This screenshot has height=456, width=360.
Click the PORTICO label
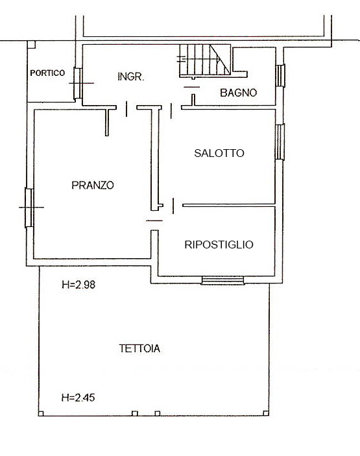47,73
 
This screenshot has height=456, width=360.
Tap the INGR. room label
130,77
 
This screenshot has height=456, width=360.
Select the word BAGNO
238,93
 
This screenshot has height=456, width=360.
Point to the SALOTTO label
219,154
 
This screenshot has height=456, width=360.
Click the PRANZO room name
92,185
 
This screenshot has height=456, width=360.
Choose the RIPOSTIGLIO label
219,245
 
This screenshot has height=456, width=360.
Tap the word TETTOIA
139,348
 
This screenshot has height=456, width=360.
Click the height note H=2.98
78,284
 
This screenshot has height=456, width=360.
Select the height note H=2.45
78,398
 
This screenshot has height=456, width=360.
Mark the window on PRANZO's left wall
29,207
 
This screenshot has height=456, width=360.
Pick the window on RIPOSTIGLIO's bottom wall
222,280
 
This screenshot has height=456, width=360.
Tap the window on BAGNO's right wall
280,75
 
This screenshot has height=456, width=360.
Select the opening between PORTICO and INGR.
77,84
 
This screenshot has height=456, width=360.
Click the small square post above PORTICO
31,44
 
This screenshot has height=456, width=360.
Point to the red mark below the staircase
191,86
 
